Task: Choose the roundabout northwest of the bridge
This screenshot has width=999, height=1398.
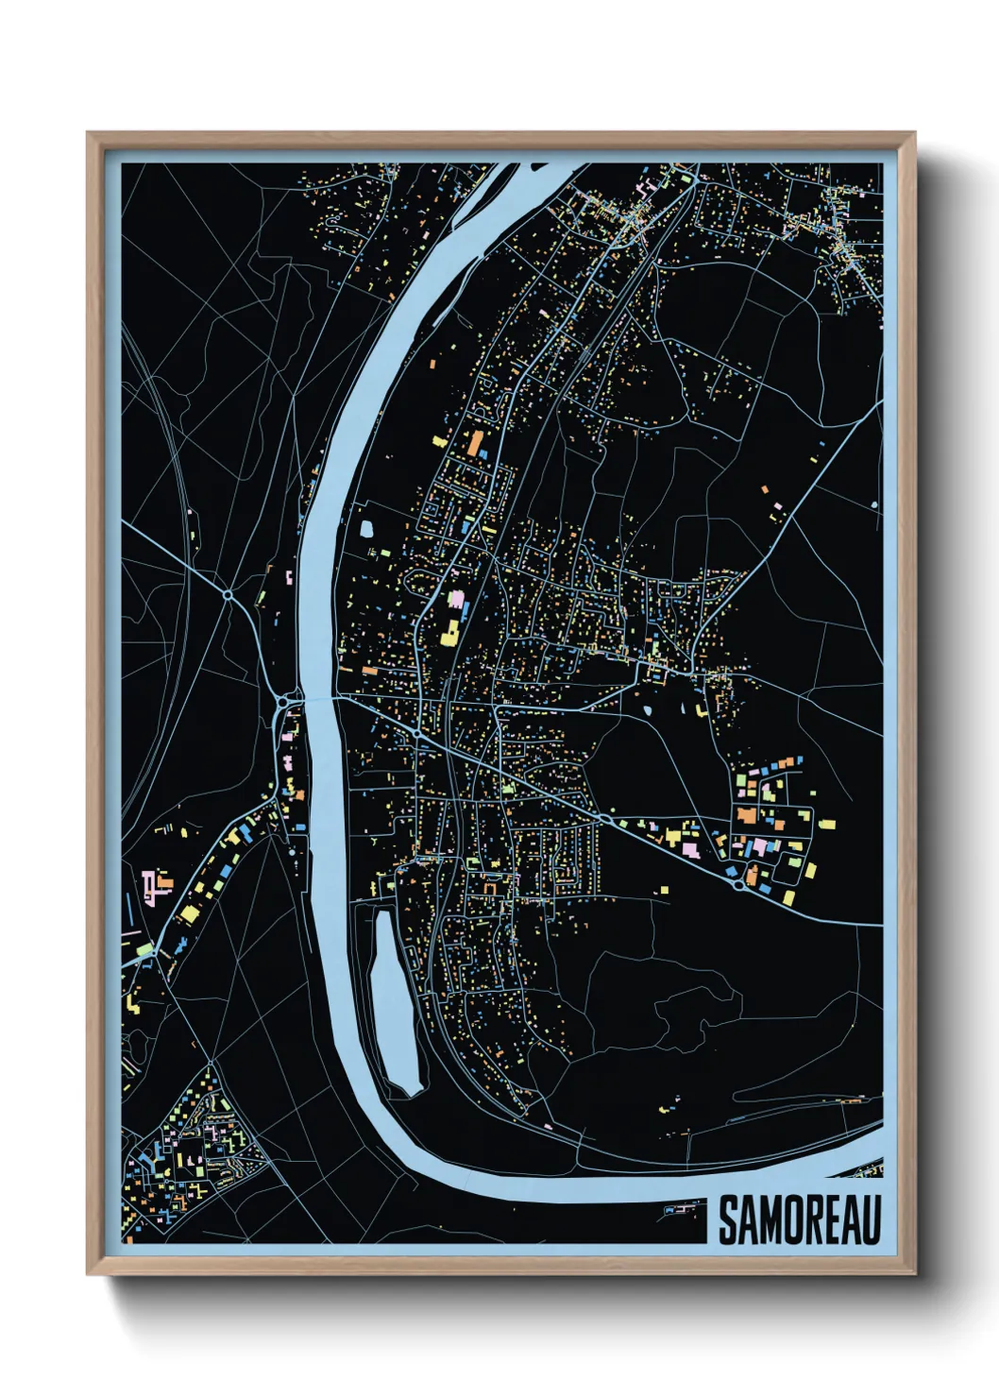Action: (228, 595)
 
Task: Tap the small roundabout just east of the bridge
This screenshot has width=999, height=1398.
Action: (415, 733)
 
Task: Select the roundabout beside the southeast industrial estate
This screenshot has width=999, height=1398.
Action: (737, 885)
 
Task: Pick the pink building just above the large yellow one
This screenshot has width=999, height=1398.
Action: (457, 600)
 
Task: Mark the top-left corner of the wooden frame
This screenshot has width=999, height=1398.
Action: (89, 134)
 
